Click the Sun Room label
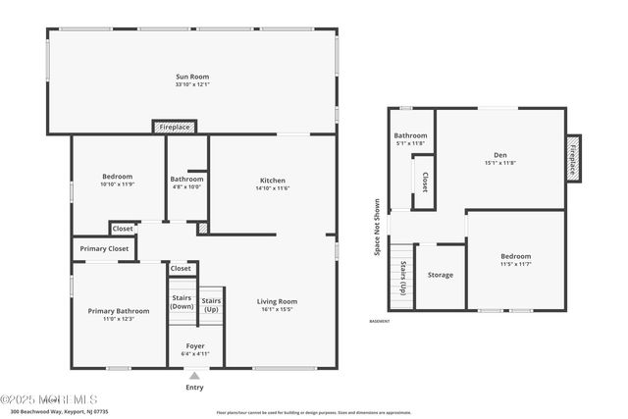tap(192, 76)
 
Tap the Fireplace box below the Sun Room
tap(175, 127)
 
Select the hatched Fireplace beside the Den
tap(575, 158)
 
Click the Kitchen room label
tap(272, 180)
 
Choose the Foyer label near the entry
tap(195, 346)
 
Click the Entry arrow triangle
tap(194, 375)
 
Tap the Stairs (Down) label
tap(182, 301)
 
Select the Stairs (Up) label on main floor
tap(212, 305)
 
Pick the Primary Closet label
tap(104, 249)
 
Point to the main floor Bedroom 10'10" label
tap(117, 180)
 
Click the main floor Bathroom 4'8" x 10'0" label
tap(186, 180)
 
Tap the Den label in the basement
tap(500, 155)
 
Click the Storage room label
tap(441, 275)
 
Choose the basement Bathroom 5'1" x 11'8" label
tap(410, 135)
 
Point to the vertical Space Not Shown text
tap(377, 228)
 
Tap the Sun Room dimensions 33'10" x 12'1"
tap(192, 84)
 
